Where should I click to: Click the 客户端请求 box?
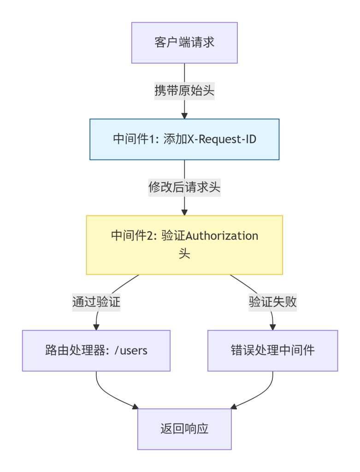[x=184, y=43]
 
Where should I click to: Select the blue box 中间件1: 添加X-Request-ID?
[x=184, y=139]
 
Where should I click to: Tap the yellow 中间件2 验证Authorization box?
[x=184, y=245]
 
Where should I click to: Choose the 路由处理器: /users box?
[x=96, y=350]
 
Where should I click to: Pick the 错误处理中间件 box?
[x=272, y=350]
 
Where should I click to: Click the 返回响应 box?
[x=184, y=429]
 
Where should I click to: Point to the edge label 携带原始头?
[x=184, y=91]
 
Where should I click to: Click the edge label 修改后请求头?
[x=184, y=188]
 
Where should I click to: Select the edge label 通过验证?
[x=96, y=302]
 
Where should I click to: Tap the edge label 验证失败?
[x=272, y=302]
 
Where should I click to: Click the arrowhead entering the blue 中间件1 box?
[x=184, y=116]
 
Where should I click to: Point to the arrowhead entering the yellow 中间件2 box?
[x=184, y=212]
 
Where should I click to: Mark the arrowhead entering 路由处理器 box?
[x=96, y=327]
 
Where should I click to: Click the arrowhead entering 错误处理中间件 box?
[x=272, y=327]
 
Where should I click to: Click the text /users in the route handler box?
[x=131, y=350]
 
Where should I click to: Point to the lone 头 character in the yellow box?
[x=184, y=254]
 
